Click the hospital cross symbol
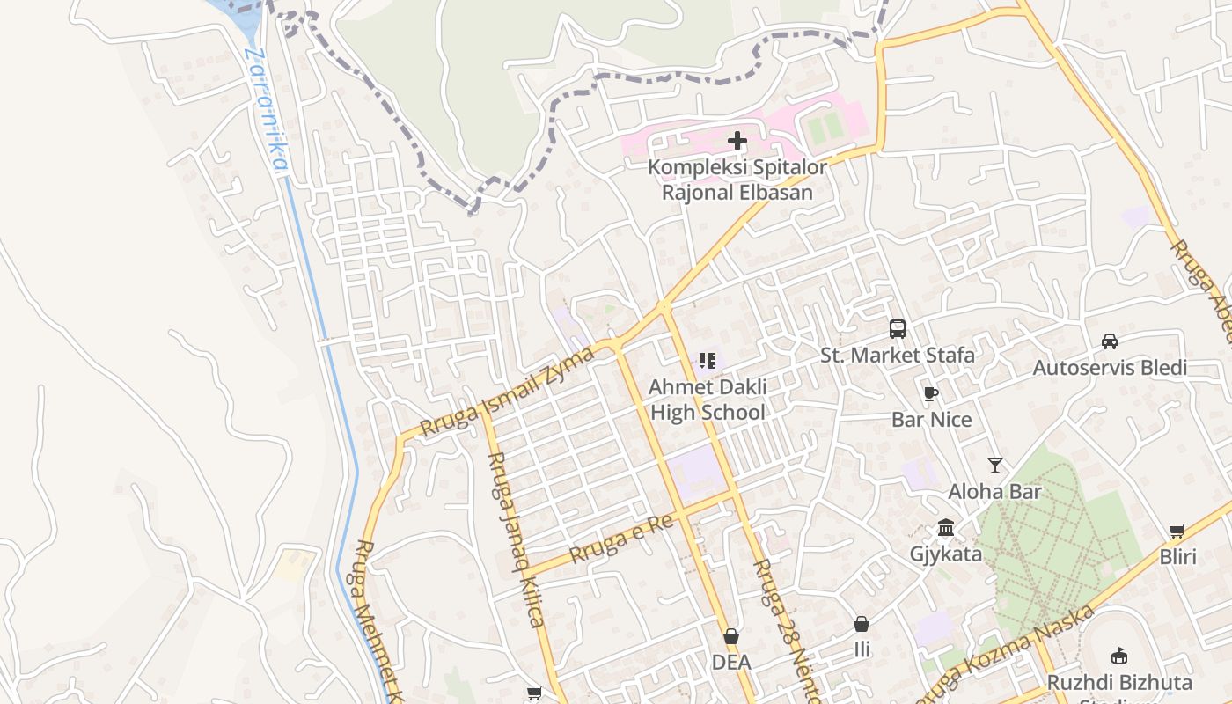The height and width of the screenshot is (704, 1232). click(737, 141)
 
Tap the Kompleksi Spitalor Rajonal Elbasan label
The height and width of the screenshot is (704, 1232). click(737, 180)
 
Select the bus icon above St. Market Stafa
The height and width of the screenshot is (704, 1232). click(898, 329)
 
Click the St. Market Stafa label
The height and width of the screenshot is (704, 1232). click(898, 356)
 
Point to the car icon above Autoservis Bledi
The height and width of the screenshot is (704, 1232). click(1110, 341)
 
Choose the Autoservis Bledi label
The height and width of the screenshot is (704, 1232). click(1110, 368)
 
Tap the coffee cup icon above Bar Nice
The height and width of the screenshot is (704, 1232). click(931, 393)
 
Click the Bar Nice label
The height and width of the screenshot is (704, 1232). click(932, 420)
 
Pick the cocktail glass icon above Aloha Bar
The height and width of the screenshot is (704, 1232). click(995, 466)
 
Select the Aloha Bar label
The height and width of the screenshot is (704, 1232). click(995, 492)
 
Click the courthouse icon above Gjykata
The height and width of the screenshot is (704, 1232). click(946, 528)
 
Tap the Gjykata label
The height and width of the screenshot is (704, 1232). click(946, 554)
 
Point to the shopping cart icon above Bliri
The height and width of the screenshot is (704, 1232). click(1177, 531)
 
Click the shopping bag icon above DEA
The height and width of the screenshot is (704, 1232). click(731, 636)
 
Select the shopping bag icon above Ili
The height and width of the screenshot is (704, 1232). click(862, 624)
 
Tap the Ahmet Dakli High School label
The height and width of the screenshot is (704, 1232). click(708, 400)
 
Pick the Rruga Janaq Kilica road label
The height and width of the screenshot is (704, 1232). click(515, 539)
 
